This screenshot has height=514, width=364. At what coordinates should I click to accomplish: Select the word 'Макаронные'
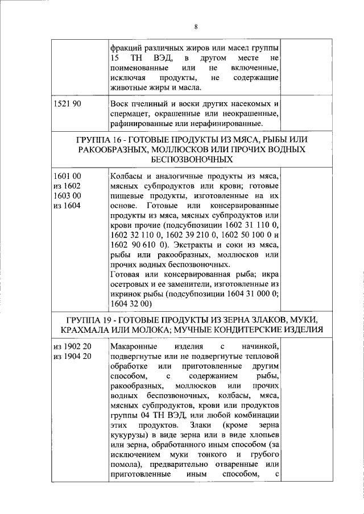coord(133,346)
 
